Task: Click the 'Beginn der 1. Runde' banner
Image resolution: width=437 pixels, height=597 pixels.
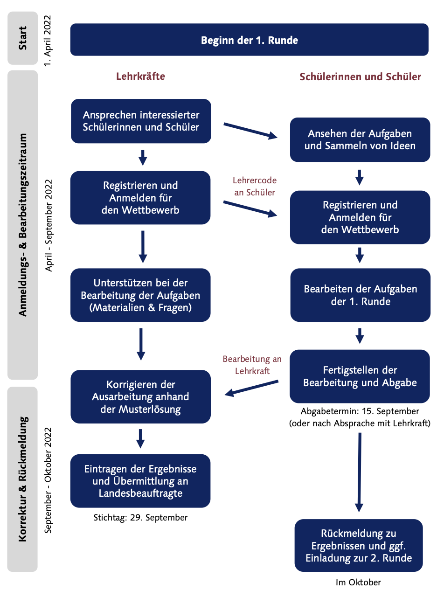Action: pyautogui.click(x=249, y=40)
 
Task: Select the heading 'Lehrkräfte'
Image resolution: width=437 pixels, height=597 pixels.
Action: pyautogui.click(x=140, y=76)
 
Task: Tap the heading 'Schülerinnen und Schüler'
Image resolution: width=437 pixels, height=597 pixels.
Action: pyautogui.click(x=360, y=76)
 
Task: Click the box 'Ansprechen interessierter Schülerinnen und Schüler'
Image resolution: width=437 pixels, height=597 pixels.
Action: pyautogui.click(x=141, y=121)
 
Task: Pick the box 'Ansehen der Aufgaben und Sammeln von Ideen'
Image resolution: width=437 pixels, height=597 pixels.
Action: pyautogui.click(x=360, y=139)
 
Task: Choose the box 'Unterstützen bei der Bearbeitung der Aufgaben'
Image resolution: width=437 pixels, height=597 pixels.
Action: pyautogui.click(x=140, y=295)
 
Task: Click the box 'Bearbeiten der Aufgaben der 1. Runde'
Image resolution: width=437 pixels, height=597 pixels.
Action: pyautogui.click(x=360, y=295)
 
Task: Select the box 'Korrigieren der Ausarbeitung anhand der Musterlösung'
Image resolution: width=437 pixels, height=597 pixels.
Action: pyautogui.click(x=141, y=396)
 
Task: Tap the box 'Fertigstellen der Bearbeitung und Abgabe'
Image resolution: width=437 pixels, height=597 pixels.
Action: pyautogui.click(x=360, y=376)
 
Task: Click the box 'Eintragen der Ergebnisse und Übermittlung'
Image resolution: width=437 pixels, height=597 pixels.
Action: pyautogui.click(x=140, y=481)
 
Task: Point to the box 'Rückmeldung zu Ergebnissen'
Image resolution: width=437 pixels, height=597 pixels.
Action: pyautogui.click(x=359, y=546)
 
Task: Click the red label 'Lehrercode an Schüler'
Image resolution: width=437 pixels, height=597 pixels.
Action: pyautogui.click(x=255, y=186)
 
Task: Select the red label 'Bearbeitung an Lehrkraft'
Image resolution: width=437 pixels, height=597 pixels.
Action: pyautogui.click(x=252, y=365)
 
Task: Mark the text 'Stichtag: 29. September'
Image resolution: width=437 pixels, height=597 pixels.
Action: pyautogui.click(x=140, y=518)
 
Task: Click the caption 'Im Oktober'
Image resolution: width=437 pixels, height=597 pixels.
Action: pyautogui.click(x=358, y=583)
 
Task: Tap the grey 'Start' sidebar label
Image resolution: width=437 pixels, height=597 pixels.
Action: pyautogui.click(x=23, y=38)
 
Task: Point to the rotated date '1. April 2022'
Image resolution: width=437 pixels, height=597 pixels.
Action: pyautogui.click(x=48, y=41)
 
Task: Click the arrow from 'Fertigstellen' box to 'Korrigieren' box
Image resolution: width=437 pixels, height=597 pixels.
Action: pyautogui.click(x=251, y=389)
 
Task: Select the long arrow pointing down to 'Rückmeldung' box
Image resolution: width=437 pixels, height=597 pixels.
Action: pyautogui.click(x=359, y=472)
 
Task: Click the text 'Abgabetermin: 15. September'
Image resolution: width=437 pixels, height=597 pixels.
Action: pyautogui.click(x=360, y=411)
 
